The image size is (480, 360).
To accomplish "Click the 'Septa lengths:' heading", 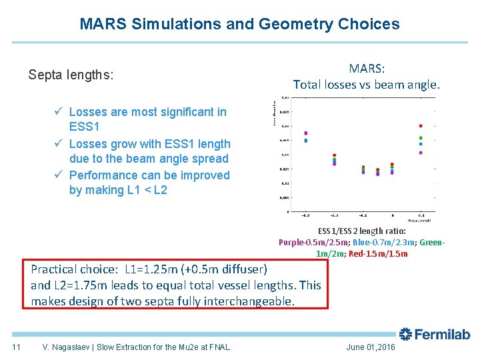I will tap(71, 75).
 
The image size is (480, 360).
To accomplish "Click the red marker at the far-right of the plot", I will tap(421, 125).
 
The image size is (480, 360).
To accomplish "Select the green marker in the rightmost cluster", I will tap(421, 138).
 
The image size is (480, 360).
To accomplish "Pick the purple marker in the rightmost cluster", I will tap(421, 152).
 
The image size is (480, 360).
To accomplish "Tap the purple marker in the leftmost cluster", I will tap(305, 133).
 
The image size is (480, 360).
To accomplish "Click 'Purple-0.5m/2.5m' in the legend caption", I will tap(313, 242).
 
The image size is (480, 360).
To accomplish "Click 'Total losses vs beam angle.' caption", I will tap(367, 85).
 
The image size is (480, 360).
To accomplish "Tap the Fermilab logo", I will tap(434, 335).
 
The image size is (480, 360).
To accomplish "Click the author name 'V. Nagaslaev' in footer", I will tap(65, 347).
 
